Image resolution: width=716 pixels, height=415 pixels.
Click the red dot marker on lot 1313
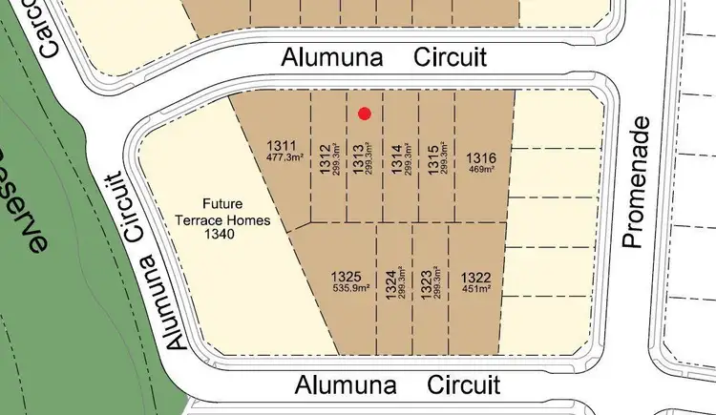365,114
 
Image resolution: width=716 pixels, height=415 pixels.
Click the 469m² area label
482,169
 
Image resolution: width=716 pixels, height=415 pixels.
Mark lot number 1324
390,285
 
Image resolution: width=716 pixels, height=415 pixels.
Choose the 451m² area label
475,287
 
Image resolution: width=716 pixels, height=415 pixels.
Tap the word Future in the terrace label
221,203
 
